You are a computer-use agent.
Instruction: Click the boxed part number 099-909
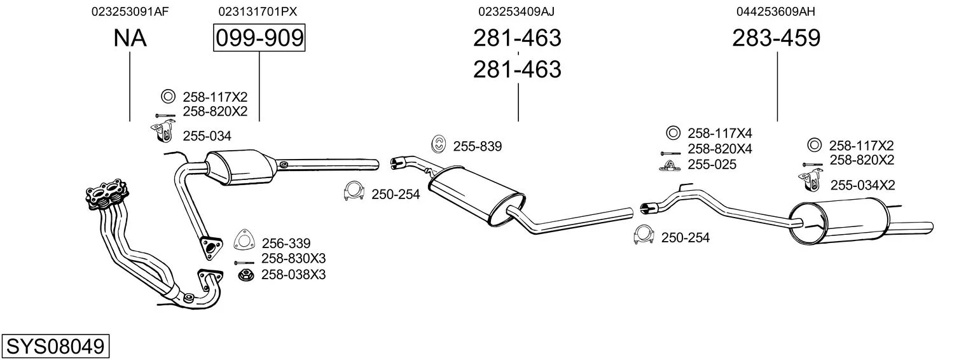click(259, 38)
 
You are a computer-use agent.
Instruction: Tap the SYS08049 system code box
click(55, 347)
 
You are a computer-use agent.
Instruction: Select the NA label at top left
click(130, 38)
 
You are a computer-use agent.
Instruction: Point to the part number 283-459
click(776, 38)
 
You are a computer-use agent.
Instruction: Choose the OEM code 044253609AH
click(776, 11)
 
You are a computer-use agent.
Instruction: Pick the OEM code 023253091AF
click(130, 11)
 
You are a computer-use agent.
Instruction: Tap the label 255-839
click(478, 146)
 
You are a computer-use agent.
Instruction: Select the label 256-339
click(286, 243)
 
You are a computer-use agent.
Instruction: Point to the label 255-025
click(712, 165)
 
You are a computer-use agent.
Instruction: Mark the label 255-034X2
click(862, 185)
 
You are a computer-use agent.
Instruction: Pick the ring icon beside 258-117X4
click(672, 133)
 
